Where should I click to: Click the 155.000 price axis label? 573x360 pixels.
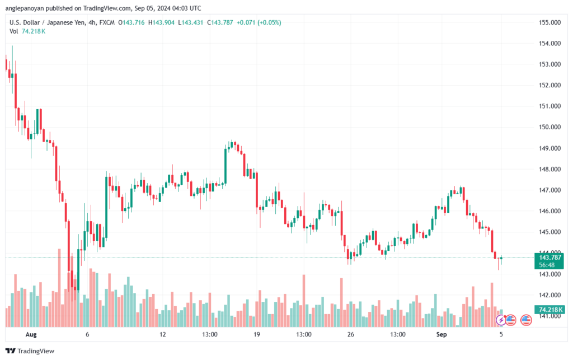point(549,22)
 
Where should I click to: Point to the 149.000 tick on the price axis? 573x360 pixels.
point(549,148)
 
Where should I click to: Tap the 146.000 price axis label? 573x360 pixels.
point(549,211)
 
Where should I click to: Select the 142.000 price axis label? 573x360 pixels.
point(549,295)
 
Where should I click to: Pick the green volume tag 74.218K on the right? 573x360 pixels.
point(549,310)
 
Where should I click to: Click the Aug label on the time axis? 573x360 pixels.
point(31,334)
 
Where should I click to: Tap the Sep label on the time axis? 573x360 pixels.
point(442,334)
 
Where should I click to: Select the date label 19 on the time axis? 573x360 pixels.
point(257,334)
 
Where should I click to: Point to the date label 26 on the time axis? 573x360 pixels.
point(351,334)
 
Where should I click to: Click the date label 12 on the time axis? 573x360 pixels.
point(163,334)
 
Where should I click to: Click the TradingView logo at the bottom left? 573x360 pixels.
point(30,351)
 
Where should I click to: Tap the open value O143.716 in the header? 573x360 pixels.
point(131,22)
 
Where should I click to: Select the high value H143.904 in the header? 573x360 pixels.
point(161,22)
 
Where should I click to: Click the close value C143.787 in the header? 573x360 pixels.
point(220,22)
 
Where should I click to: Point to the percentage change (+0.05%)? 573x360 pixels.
point(269,22)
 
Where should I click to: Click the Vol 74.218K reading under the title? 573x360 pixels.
point(27,31)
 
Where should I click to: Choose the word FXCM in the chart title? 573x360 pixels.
point(107,22)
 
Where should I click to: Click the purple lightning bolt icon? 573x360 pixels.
point(501,320)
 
